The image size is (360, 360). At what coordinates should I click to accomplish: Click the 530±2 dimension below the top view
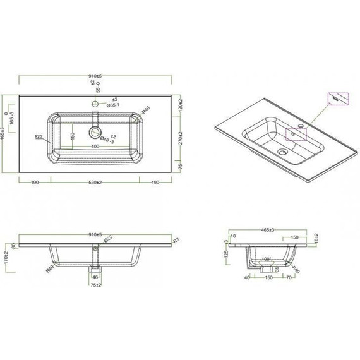(x=96, y=183)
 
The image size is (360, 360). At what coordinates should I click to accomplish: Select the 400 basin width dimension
(x=95, y=147)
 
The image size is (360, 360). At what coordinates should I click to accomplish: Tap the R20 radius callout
(x=39, y=136)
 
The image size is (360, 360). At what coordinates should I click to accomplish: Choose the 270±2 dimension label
(x=181, y=134)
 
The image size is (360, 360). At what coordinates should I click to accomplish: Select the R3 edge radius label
(x=176, y=240)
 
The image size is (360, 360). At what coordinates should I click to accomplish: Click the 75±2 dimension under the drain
(x=96, y=285)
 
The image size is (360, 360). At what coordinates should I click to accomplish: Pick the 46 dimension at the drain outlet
(x=96, y=276)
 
